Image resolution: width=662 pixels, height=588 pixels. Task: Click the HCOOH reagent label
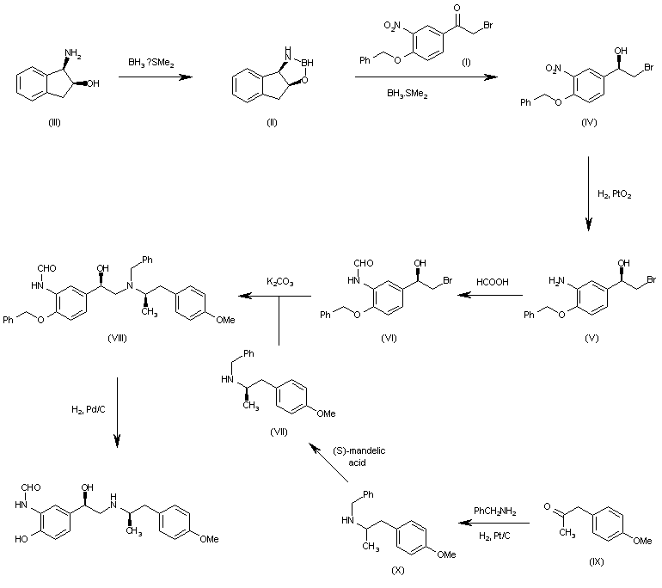[493, 281]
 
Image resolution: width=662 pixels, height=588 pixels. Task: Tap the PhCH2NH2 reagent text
[494, 511]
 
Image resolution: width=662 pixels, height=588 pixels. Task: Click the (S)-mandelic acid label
[354, 456]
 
